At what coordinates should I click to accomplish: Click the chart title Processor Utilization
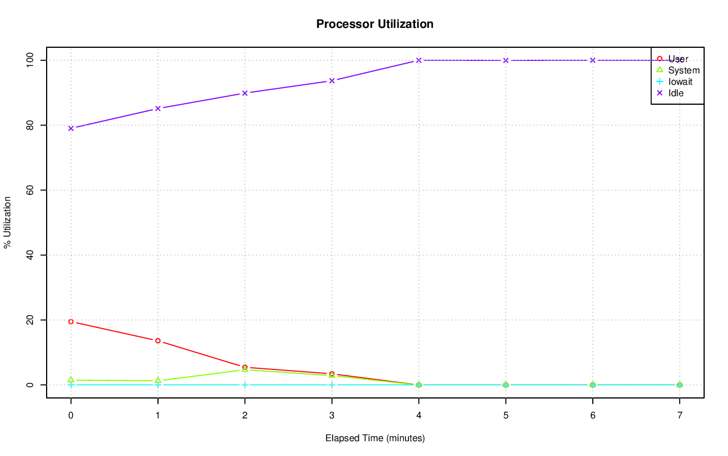pyautogui.click(x=375, y=24)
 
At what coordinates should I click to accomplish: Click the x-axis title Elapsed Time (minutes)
pyautogui.click(x=375, y=438)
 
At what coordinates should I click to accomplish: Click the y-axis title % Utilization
pyautogui.click(x=8, y=222)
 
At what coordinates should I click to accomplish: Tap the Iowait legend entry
pyautogui.click(x=680, y=81)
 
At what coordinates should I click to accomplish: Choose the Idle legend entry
pyautogui.click(x=676, y=93)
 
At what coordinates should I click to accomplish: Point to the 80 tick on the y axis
pyautogui.click(x=30, y=125)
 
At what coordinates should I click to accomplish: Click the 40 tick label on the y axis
pyautogui.click(x=30, y=255)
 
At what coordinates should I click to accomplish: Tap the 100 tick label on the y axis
pyautogui.click(x=30, y=60)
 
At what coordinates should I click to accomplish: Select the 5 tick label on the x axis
pyautogui.click(x=506, y=416)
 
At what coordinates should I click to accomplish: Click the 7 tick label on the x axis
pyautogui.click(x=680, y=416)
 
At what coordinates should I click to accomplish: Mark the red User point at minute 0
pyautogui.click(x=71, y=322)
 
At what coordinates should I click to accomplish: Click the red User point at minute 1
pyautogui.click(x=158, y=340)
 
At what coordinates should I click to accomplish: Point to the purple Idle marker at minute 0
pyautogui.click(x=71, y=128)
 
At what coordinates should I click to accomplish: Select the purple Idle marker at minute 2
pyautogui.click(x=245, y=93)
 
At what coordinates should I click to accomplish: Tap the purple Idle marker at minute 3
pyautogui.click(x=332, y=81)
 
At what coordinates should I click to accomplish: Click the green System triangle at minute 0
pyautogui.click(x=71, y=380)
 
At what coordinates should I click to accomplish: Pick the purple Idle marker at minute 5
pyautogui.click(x=506, y=60)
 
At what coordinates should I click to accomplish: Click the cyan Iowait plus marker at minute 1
pyautogui.click(x=158, y=385)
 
